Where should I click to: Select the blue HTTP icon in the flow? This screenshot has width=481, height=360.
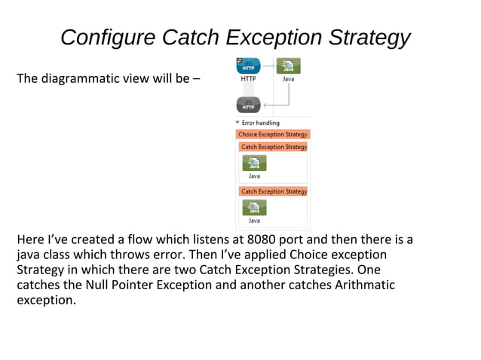(x=248, y=65)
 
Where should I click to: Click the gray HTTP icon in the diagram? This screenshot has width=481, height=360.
(x=248, y=105)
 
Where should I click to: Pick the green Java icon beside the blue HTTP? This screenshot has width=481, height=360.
(x=288, y=65)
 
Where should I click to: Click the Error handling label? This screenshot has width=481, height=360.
(x=261, y=123)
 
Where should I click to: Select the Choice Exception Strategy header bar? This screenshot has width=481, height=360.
(x=273, y=134)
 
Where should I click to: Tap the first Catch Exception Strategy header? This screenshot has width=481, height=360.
(x=274, y=147)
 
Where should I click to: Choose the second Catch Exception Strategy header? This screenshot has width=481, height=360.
(x=274, y=191)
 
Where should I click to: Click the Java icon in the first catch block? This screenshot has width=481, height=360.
(x=254, y=163)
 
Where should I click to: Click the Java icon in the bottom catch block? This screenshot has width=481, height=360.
(x=254, y=207)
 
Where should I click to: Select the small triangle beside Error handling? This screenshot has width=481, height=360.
(x=237, y=123)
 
